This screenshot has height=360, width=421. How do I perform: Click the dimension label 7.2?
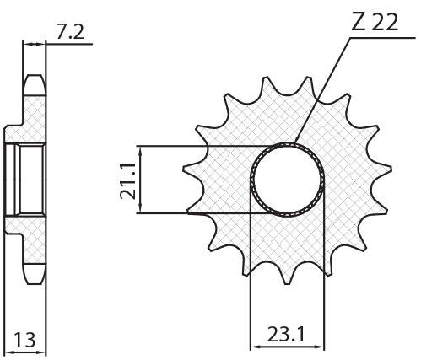pos(70,33)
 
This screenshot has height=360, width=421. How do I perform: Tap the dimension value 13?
pos(25,340)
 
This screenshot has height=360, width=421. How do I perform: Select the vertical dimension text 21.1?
pos(128,181)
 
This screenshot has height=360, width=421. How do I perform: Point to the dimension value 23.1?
pos(286,335)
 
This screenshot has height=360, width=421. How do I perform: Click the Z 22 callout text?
pos(375,22)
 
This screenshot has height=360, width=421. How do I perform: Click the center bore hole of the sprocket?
pos(288,180)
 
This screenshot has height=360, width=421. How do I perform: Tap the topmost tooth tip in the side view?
pos(34,76)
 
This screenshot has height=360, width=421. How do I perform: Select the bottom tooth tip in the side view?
pos(34,283)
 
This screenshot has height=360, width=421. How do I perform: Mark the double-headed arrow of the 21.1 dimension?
pos(141,180)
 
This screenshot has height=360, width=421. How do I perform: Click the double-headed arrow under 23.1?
pos(287,347)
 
